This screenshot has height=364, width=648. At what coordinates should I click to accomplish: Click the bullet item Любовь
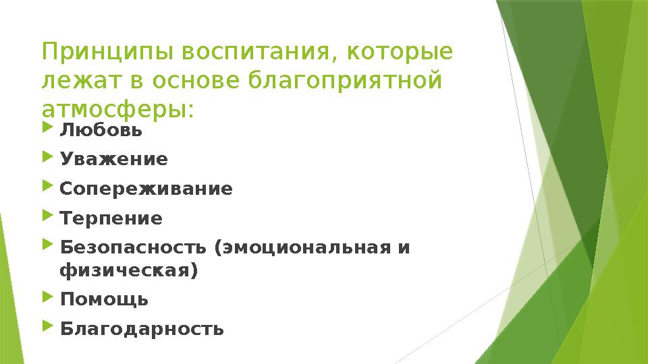(101, 130)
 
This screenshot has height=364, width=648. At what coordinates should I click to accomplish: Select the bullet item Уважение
(113, 160)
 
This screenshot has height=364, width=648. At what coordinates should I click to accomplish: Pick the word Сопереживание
(146, 189)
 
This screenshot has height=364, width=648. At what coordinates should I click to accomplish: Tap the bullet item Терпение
(111, 219)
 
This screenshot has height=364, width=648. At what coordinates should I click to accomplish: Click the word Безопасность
(133, 248)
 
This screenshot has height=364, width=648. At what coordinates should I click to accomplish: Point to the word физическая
(128, 271)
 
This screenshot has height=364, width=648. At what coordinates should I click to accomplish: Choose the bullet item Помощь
(104, 299)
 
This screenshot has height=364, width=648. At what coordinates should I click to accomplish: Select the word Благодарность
(142, 330)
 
